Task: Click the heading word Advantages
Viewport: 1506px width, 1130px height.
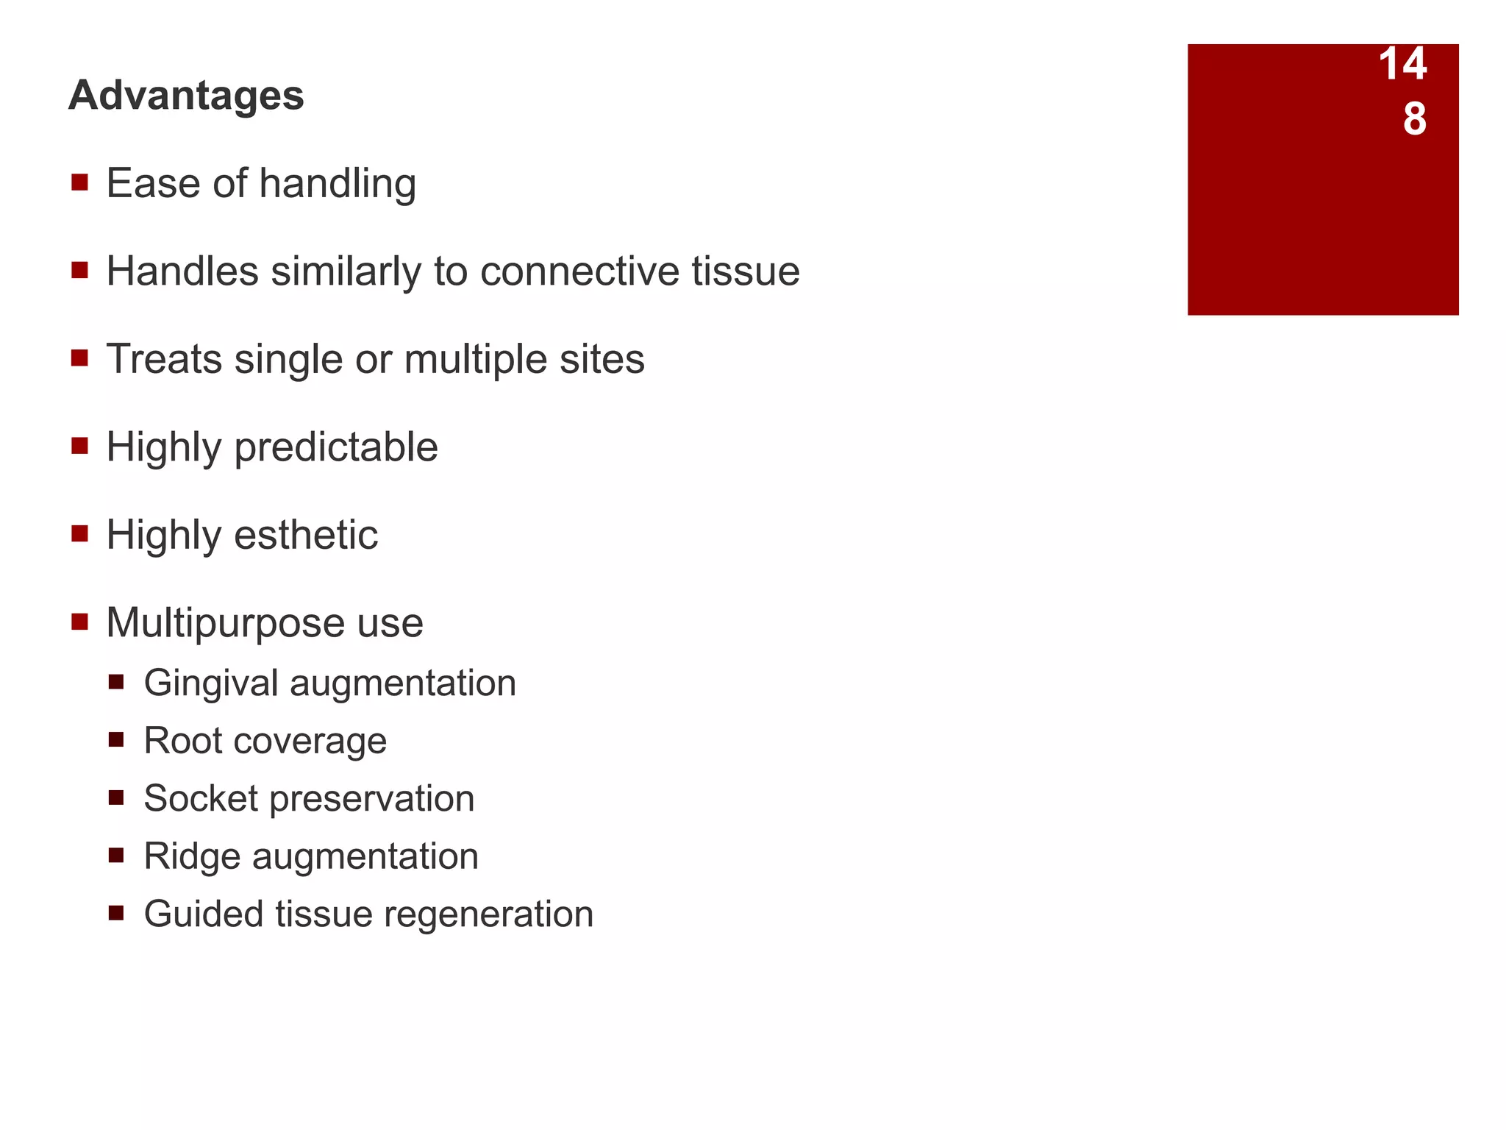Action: click(186, 96)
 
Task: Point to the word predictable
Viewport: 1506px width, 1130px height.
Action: click(336, 447)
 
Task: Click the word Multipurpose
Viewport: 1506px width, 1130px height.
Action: click(226, 623)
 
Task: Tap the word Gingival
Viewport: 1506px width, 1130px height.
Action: click(211, 683)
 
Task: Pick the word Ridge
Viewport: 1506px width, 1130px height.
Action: click(192, 856)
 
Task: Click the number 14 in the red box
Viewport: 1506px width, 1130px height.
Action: click(1402, 64)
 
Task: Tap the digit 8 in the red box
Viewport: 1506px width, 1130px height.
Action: click(1414, 119)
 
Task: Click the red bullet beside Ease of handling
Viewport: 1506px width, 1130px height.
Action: click(80, 182)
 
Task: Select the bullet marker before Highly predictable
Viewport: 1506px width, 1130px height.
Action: click(80, 446)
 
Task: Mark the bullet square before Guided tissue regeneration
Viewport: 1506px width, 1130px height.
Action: click(116, 914)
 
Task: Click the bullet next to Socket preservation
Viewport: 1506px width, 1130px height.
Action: click(116, 798)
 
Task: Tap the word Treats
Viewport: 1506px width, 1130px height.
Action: click(164, 359)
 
